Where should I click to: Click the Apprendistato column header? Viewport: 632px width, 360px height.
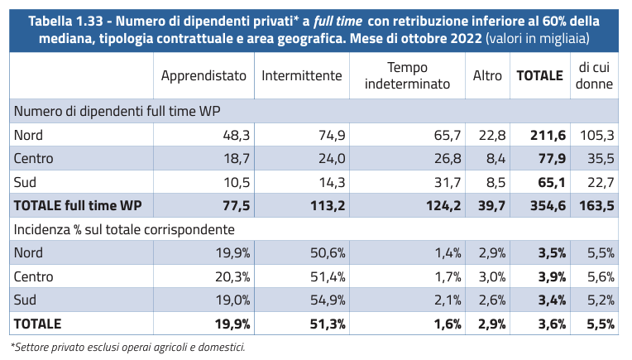point(203,75)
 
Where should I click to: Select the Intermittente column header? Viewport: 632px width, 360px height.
point(302,75)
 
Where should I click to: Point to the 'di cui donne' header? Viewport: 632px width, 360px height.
point(596,75)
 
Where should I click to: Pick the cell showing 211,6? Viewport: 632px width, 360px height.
point(548,134)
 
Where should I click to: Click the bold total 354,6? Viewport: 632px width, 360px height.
point(548,204)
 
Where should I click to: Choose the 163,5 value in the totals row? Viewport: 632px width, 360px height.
point(597,204)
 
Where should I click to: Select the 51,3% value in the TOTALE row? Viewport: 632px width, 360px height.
point(324,323)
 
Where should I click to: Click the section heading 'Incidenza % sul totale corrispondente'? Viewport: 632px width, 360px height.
point(122,228)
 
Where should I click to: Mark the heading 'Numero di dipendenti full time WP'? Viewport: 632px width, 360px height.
point(116,110)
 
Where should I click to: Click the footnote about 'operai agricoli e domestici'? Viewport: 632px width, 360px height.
point(127,347)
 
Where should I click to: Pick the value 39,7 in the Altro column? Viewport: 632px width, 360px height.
point(487,204)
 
